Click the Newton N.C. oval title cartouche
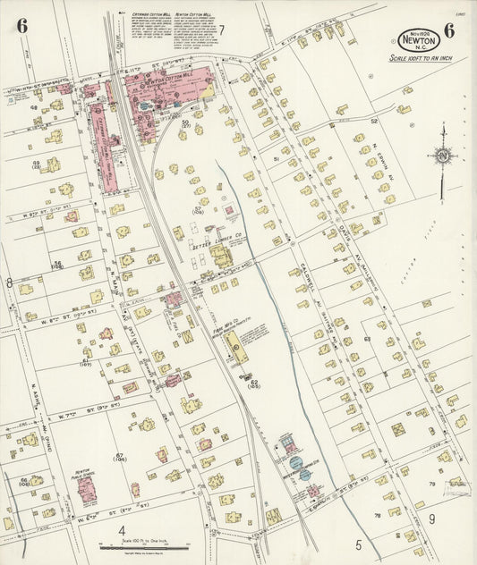pos(419,40)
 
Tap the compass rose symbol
pos(441,157)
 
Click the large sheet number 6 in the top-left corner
pos(21,26)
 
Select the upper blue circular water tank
pos(294,462)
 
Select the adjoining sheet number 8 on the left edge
pos(10,282)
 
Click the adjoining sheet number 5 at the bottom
pos(357,544)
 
